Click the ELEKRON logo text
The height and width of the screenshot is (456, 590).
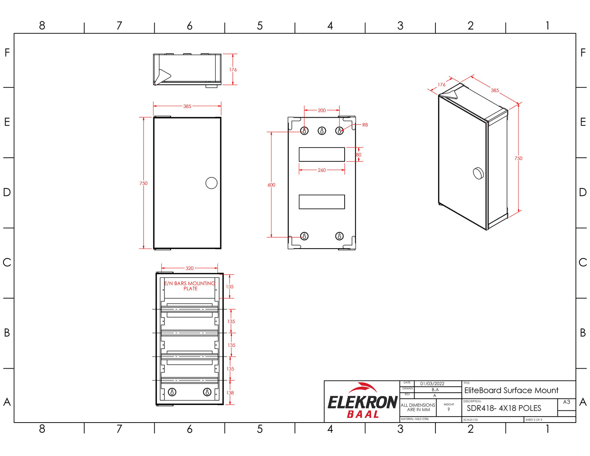point(362,402)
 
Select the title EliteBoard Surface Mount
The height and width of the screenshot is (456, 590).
point(511,390)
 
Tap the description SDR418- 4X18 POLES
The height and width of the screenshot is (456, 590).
point(504,408)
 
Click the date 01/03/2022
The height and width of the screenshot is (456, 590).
point(432,384)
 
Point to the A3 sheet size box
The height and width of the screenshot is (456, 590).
point(566,402)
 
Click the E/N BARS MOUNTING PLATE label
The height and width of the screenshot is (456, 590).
point(190,286)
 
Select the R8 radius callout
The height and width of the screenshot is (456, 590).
point(365,125)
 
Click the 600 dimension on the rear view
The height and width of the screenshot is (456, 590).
point(271,185)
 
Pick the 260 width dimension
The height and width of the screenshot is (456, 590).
point(322,170)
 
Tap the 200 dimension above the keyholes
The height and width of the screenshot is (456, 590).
point(322,111)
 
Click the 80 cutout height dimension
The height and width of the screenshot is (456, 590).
point(358,155)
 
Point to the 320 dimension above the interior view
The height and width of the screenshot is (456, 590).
point(190,268)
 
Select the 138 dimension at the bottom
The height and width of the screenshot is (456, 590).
point(230,393)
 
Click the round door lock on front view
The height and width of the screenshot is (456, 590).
point(211,183)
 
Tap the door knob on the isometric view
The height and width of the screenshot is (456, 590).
point(478,173)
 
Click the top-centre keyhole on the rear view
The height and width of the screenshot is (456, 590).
point(322,131)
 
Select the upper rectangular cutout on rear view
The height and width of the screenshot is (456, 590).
point(322,154)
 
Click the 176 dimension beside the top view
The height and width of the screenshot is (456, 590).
point(233,70)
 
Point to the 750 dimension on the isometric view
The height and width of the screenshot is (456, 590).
point(518,158)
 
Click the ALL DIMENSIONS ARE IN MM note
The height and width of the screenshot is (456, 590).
point(418,407)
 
